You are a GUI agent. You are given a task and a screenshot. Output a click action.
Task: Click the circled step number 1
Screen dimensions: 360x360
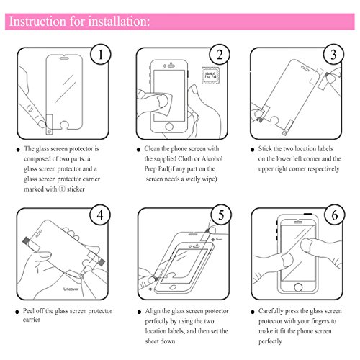coord(102,54)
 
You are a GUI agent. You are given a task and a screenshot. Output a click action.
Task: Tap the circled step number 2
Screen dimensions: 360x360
coord(218,54)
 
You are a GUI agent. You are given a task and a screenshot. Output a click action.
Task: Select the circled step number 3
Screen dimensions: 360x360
coord(333,54)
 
